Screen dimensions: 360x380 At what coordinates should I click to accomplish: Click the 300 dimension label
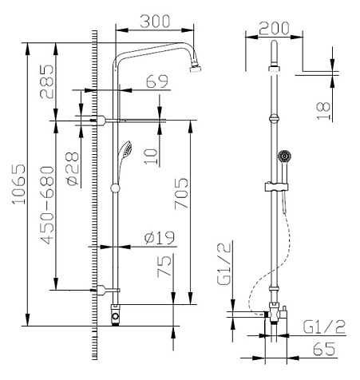(x=155, y=22)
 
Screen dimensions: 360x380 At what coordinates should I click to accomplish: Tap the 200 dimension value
(x=274, y=28)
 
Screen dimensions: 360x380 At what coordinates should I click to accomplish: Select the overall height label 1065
(x=19, y=184)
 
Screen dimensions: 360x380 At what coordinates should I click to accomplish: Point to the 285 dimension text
(x=47, y=81)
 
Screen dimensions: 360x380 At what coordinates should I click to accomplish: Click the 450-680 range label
(x=47, y=205)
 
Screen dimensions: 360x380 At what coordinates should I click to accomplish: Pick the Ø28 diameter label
(x=73, y=168)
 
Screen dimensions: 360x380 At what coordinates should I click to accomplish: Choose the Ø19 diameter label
(x=160, y=238)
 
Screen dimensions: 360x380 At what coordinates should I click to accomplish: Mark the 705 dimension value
(x=181, y=194)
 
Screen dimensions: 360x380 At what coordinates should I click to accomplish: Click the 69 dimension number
(x=157, y=81)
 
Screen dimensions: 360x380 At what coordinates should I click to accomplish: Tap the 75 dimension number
(x=164, y=267)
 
